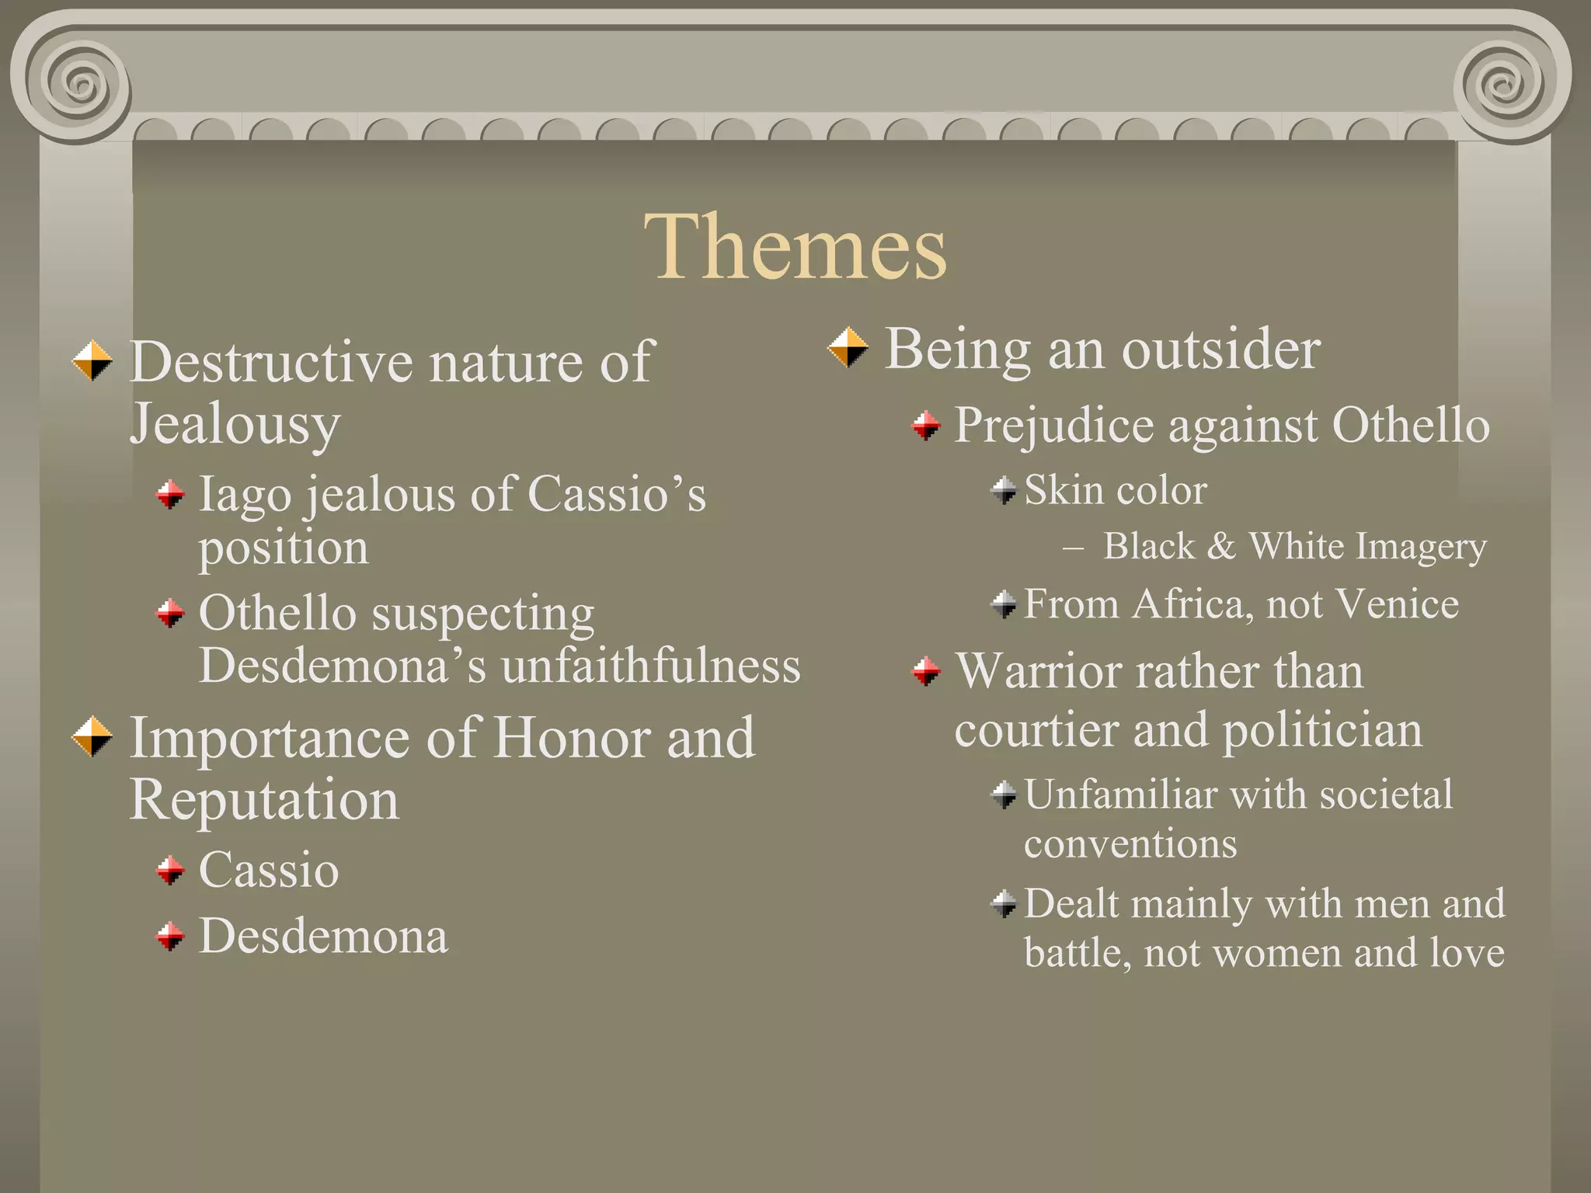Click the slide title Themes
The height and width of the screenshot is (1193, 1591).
[795, 247]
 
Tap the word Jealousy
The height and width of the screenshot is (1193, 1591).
[235, 424]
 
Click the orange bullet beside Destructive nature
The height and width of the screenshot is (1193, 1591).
[92, 360]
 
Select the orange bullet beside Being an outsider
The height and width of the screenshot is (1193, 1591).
[848, 347]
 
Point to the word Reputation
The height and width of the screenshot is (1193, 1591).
[264, 799]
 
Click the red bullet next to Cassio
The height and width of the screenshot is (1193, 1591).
[170, 870]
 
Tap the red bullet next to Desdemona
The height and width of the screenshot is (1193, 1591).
[170, 936]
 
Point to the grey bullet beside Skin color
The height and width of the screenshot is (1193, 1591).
[1004, 490]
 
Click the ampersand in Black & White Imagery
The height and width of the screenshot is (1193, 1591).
[1220, 546]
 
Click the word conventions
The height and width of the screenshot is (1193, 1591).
[1130, 843]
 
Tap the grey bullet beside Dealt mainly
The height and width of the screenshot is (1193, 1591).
[1004, 903]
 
